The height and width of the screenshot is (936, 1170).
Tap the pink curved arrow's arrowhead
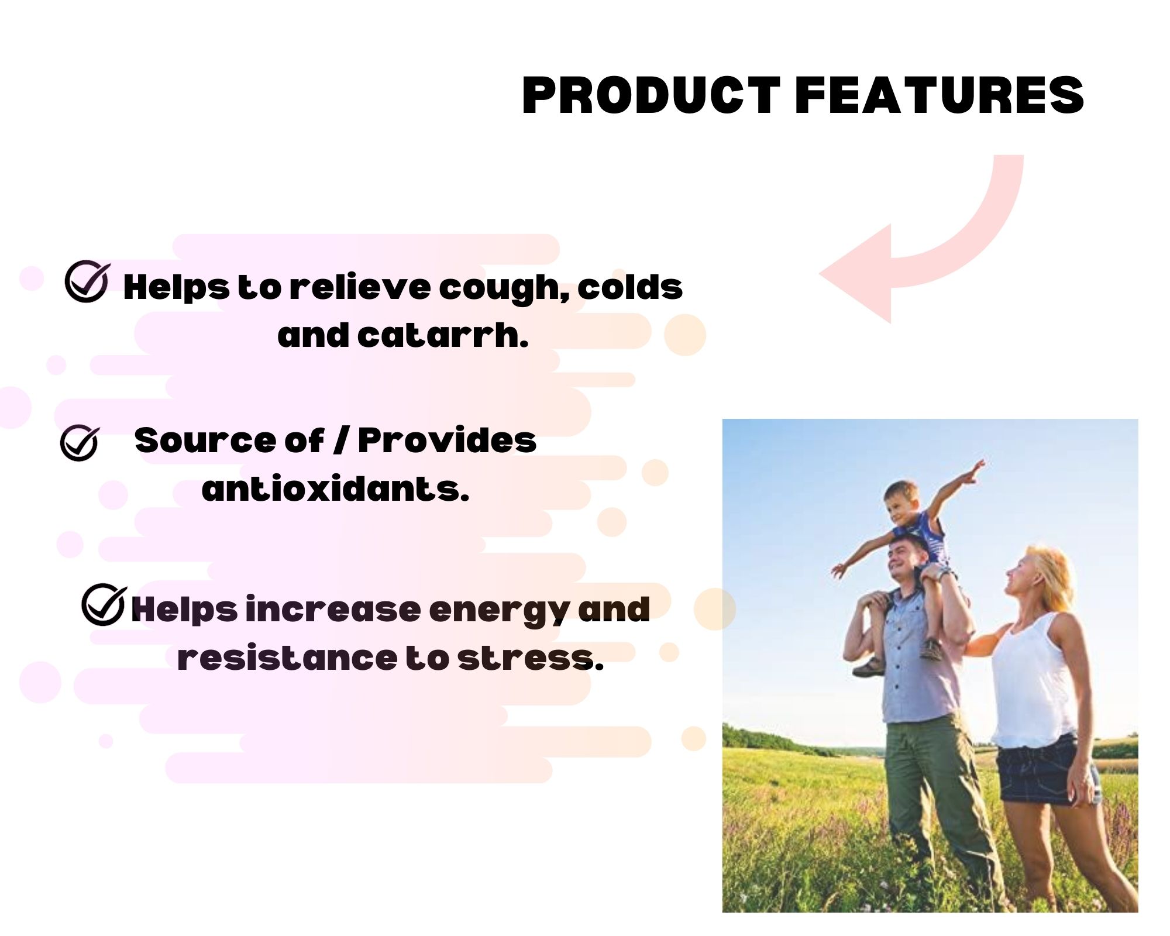[855, 273]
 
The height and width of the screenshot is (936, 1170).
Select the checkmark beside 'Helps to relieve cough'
[87, 281]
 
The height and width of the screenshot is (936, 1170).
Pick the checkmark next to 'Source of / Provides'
[80, 443]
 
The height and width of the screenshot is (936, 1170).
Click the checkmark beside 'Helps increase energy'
[104, 604]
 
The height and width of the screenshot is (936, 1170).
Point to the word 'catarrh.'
[443, 335]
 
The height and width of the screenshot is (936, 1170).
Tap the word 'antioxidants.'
[335, 488]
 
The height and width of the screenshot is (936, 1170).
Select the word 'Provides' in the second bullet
[447, 440]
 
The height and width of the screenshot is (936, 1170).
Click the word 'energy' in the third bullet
[499, 611]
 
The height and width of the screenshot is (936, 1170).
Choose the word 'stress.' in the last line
[530, 658]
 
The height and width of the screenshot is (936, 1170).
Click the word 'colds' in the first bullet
[630, 287]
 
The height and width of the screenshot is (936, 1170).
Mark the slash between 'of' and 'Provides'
[340, 440]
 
